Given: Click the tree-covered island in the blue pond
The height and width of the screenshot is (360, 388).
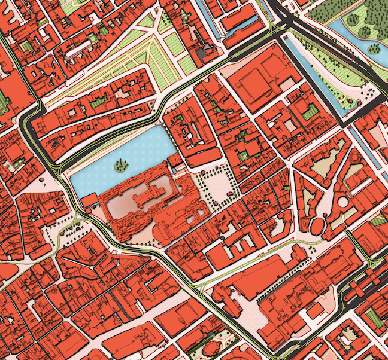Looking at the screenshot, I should click(122, 164).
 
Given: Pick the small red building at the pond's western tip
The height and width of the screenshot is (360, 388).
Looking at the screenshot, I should click(89, 200).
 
